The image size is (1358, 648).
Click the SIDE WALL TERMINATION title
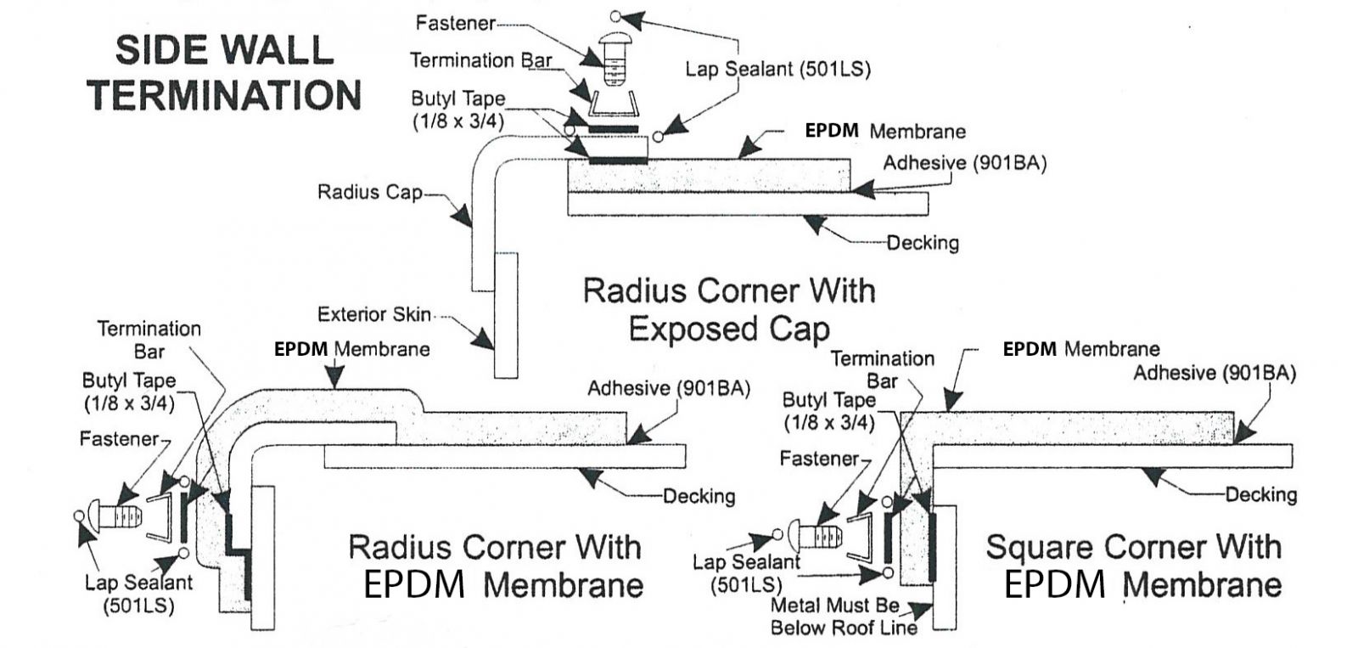coord(225,72)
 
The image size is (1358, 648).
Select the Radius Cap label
coord(369,192)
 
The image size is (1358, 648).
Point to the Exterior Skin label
coord(374,314)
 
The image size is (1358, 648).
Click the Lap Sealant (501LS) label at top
coord(777,69)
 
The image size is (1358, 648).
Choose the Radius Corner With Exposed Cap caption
coord(729,309)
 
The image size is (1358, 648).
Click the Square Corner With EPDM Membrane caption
coord(1133,566)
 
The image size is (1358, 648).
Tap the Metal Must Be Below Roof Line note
coord(844,617)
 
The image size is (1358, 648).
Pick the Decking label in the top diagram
coord(923,243)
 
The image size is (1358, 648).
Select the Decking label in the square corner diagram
coord(1260,494)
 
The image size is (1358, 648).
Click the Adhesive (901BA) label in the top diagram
coord(964,163)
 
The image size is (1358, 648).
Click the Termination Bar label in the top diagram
coord(480,60)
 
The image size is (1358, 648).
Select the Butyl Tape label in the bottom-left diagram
coord(128,392)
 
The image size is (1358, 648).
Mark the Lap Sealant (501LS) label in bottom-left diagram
coord(139,594)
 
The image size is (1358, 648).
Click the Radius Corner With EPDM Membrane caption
coord(496,566)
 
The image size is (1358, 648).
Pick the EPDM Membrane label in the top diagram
coord(885,132)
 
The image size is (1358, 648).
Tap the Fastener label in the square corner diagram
coord(819,459)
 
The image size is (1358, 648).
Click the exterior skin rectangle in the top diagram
coord(505,314)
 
